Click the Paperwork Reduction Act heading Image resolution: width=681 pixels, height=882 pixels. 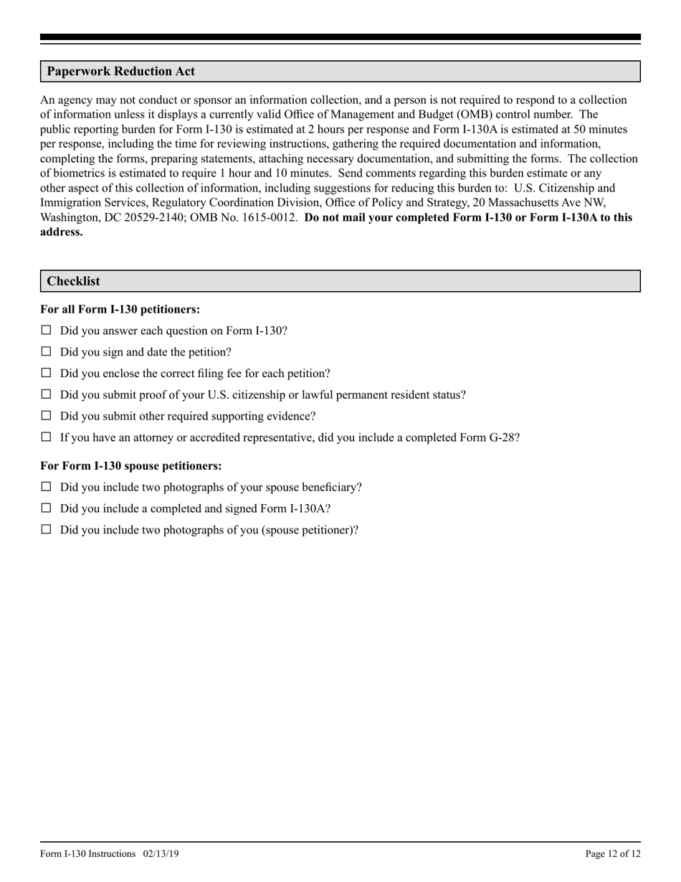[120, 72]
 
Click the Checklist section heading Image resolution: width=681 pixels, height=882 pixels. [73, 281]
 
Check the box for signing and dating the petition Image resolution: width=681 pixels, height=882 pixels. [47, 351]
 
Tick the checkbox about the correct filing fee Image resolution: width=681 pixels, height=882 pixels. [47, 373]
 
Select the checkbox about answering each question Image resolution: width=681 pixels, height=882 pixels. [47, 331]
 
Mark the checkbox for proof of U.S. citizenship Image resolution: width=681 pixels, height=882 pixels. [47, 394]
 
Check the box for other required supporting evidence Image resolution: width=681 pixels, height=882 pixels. [47, 415]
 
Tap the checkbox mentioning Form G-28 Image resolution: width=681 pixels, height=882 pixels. [47, 437]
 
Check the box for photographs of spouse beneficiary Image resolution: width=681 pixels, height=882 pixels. [47, 486]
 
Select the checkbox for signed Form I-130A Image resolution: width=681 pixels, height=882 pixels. [47, 508]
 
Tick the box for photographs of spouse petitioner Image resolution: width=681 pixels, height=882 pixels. [47, 529]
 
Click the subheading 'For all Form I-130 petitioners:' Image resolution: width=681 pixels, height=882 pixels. [120, 309]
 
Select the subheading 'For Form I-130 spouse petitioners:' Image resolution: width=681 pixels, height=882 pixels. [130, 465]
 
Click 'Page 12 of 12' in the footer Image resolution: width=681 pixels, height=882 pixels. [613, 853]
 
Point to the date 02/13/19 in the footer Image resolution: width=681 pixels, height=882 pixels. [161, 853]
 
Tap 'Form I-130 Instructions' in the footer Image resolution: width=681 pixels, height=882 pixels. [88, 853]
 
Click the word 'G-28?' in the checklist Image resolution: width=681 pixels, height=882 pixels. [504, 437]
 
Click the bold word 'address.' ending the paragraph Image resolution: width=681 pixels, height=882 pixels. [62, 232]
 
